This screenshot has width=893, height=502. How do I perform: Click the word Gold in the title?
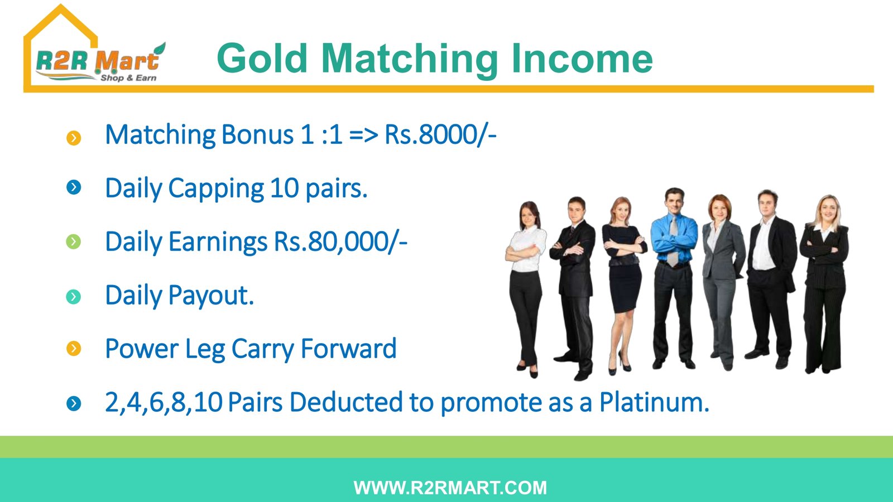click(262, 59)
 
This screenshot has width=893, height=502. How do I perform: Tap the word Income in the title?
click(582, 59)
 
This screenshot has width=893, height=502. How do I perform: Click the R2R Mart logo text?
click(98, 61)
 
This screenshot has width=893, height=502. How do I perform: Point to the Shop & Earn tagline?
click(128, 78)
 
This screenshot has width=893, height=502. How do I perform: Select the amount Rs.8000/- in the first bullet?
click(440, 134)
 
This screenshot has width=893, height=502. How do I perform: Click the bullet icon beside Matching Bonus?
click(74, 138)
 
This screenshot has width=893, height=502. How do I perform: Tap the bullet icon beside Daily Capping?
click(74, 187)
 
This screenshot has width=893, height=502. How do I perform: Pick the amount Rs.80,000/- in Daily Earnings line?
click(340, 242)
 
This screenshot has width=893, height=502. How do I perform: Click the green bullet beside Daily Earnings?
click(73, 242)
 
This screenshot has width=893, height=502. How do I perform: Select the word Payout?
click(211, 296)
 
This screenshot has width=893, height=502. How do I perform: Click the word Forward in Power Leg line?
click(348, 348)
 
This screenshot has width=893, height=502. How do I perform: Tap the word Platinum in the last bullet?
click(655, 402)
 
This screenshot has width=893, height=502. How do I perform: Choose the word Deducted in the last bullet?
click(346, 402)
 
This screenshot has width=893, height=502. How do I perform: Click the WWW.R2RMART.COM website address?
click(450, 487)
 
